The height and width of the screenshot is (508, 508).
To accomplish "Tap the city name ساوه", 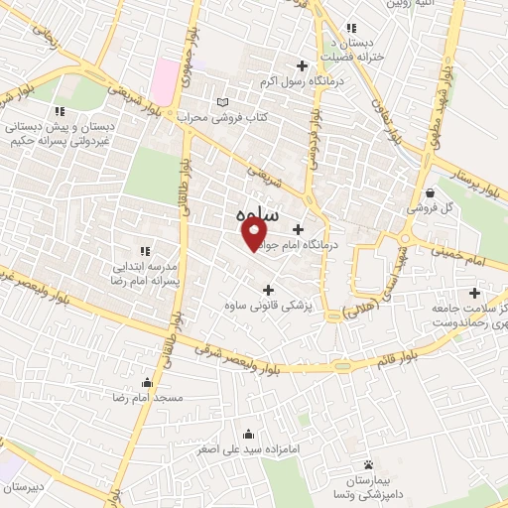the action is pos(259,214).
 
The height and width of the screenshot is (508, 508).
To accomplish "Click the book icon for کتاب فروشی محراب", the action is pos(222,102).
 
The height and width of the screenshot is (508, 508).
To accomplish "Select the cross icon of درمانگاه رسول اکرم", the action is pos(302,65).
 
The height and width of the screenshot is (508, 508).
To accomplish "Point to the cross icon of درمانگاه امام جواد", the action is pos(298,229).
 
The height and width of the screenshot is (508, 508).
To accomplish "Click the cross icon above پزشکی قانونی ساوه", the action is pos(267,289).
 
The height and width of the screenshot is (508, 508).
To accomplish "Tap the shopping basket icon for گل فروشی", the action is pos(430,192).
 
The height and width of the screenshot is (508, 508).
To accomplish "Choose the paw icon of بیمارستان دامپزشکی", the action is pos(368,463).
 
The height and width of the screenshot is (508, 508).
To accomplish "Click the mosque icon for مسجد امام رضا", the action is pos(148,382).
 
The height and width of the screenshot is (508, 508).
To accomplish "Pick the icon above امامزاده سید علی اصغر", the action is pos(247,434).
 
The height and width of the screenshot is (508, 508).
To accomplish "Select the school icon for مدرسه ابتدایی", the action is pos(147,250).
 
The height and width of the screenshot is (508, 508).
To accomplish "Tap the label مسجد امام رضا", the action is pos(149,397).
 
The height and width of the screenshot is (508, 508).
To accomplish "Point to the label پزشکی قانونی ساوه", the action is pos(268,307).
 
